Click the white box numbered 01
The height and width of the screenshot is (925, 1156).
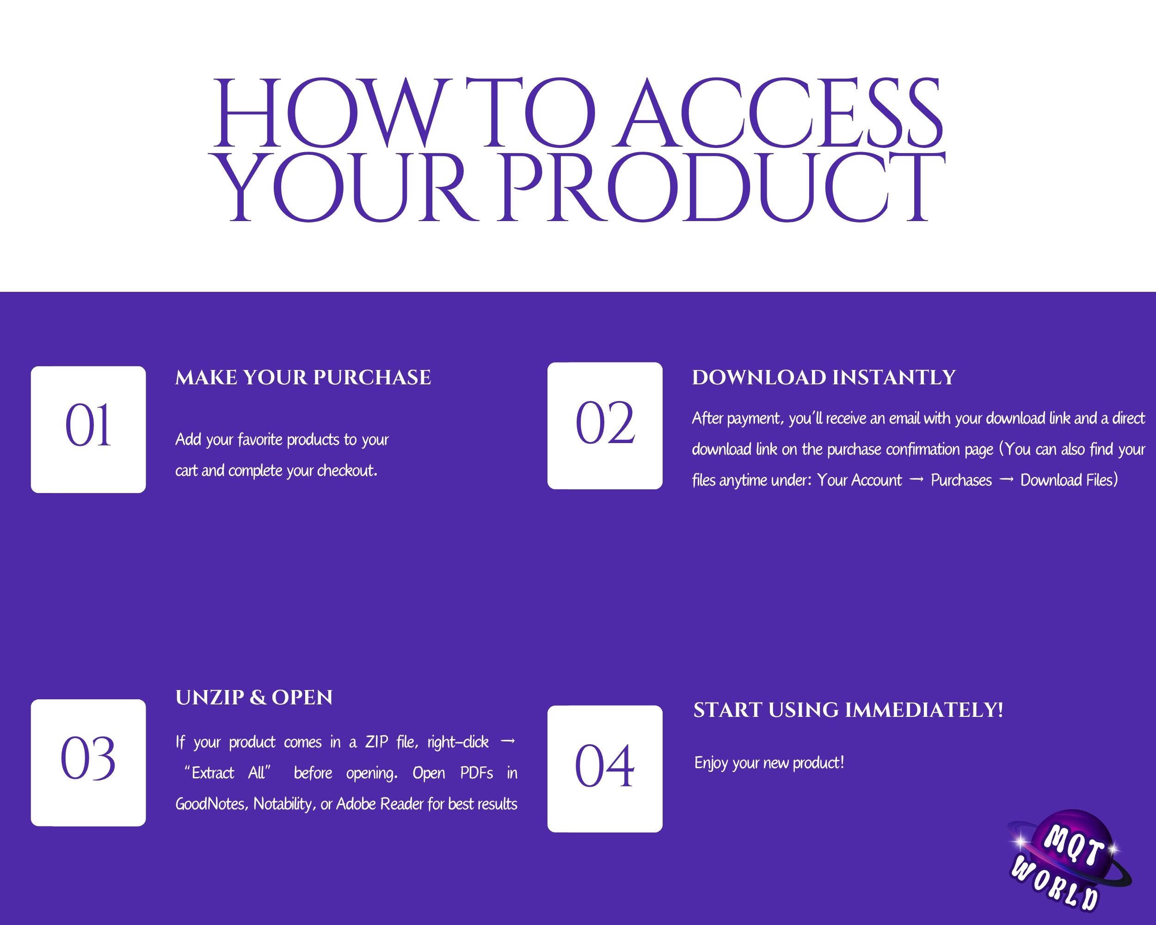click(x=88, y=430)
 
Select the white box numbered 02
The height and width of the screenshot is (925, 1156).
click(x=605, y=426)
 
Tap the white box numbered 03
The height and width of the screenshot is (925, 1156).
click(x=88, y=763)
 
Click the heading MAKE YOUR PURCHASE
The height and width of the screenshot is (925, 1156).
click(x=303, y=377)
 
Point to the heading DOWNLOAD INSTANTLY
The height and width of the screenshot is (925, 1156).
click(x=824, y=377)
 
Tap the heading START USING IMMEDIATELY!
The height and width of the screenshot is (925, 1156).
click(x=848, y=710)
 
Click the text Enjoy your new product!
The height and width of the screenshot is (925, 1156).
click(x=769, y=763)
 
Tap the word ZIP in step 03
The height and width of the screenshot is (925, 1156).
click(x=376, y=742)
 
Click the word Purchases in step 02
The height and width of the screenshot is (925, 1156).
click(x=961, y=480)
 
